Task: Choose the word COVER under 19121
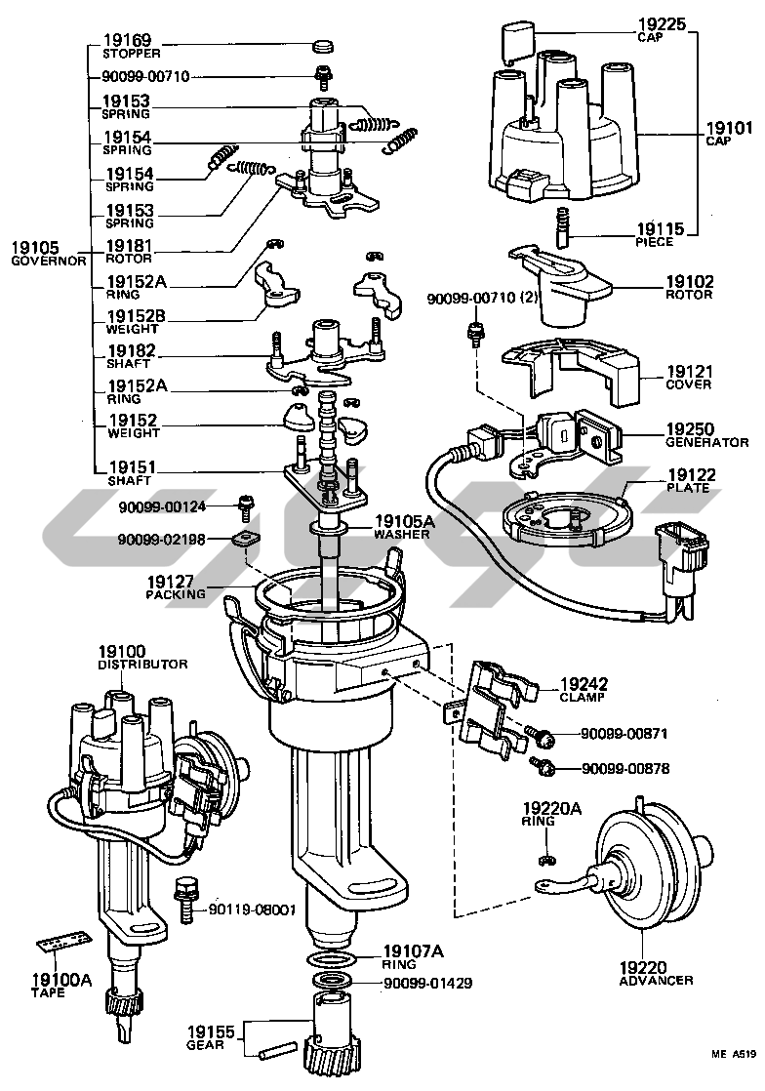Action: click(x=689, y=385)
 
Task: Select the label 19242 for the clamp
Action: click(x=584, y=684)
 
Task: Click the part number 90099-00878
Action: click(x=625, y=769)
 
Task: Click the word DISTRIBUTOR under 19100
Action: click(x=142, y=665)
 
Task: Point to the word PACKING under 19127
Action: click(x=177, y=594)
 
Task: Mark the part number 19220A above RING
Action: click(x=551, y=808)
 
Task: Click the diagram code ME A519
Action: click(x=733, y=1054)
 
